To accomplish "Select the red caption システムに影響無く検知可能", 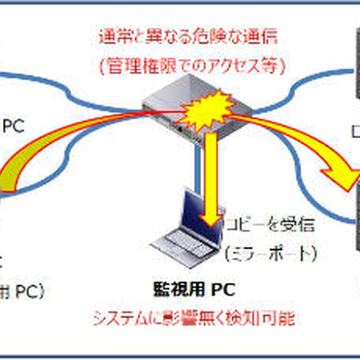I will pos(193,318).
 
